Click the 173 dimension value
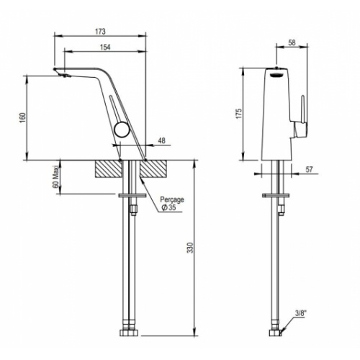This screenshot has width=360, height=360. tap(100, 32)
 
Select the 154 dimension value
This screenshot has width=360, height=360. tap(104, 47)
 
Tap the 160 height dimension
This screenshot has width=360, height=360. tap(22, 117)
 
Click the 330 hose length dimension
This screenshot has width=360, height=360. tap(189, 248)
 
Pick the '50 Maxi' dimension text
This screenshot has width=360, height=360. tap(55, 177)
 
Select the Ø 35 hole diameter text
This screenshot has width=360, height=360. tap(169, 209)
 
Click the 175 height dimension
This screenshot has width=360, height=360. tap(239, 113)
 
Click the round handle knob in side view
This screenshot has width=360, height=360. tap(123, 132)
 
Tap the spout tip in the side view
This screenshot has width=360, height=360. tap(60, 73)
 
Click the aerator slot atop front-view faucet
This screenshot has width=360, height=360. tap(274, 71)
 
